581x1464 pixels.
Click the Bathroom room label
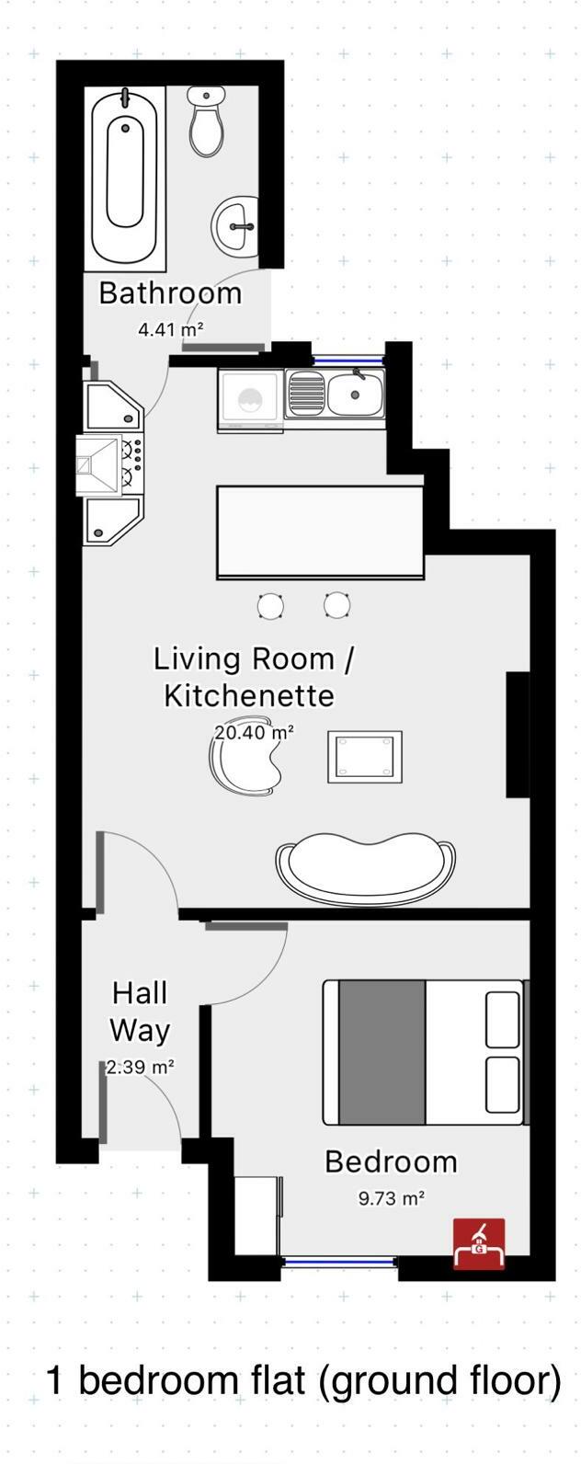(170, 293)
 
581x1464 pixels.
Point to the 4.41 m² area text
(170, 328)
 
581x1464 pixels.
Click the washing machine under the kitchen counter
(250, 400)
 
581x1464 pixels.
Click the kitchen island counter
(320, 532)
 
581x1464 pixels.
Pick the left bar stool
(270, 605)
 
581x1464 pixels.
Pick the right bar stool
(337, 605)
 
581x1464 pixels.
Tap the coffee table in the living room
(365, 757)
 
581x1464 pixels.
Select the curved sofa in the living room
(365, 867)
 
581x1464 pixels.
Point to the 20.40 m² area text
(255, 733)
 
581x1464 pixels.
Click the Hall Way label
(141, 1012)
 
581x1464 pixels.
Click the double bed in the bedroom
(423, 1052)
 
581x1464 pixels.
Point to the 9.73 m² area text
(391, 1199)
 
